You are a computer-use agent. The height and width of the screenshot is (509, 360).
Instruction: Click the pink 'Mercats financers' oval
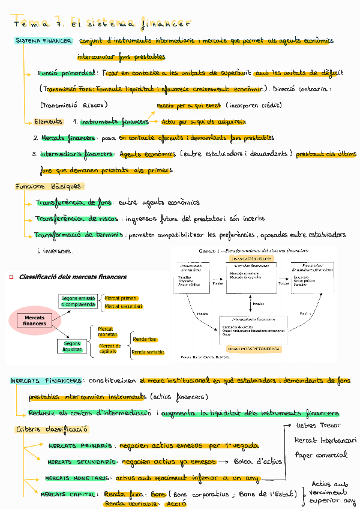(x=34, y=320)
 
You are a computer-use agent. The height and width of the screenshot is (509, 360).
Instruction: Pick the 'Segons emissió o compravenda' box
(x=78, y=301)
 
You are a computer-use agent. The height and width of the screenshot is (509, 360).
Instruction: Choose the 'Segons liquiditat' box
(x=72, y=346)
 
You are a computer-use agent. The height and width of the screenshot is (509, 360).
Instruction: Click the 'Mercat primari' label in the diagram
(x=121, y=298)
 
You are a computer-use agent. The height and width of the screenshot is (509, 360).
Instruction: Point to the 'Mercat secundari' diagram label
(x=123, y=307)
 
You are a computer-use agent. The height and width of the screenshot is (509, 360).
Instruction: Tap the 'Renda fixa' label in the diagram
(x=145, y=339)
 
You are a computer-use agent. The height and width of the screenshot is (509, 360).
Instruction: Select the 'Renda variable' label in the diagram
(x=148, y=352)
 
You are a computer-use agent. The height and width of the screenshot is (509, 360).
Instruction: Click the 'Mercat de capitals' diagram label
(x=110, y=348)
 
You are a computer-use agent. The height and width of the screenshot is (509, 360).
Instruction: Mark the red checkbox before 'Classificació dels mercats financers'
(x=11, y=277)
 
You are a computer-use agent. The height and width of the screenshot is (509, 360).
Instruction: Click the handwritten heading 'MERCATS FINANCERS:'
(x=47, y=381)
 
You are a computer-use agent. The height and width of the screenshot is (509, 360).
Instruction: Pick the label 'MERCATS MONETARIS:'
(x=77, y=478)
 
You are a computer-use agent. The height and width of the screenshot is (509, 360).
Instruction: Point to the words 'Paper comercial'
(x=322, y=455)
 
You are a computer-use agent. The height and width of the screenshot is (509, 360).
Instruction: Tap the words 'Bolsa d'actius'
(x=258, y=462)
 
